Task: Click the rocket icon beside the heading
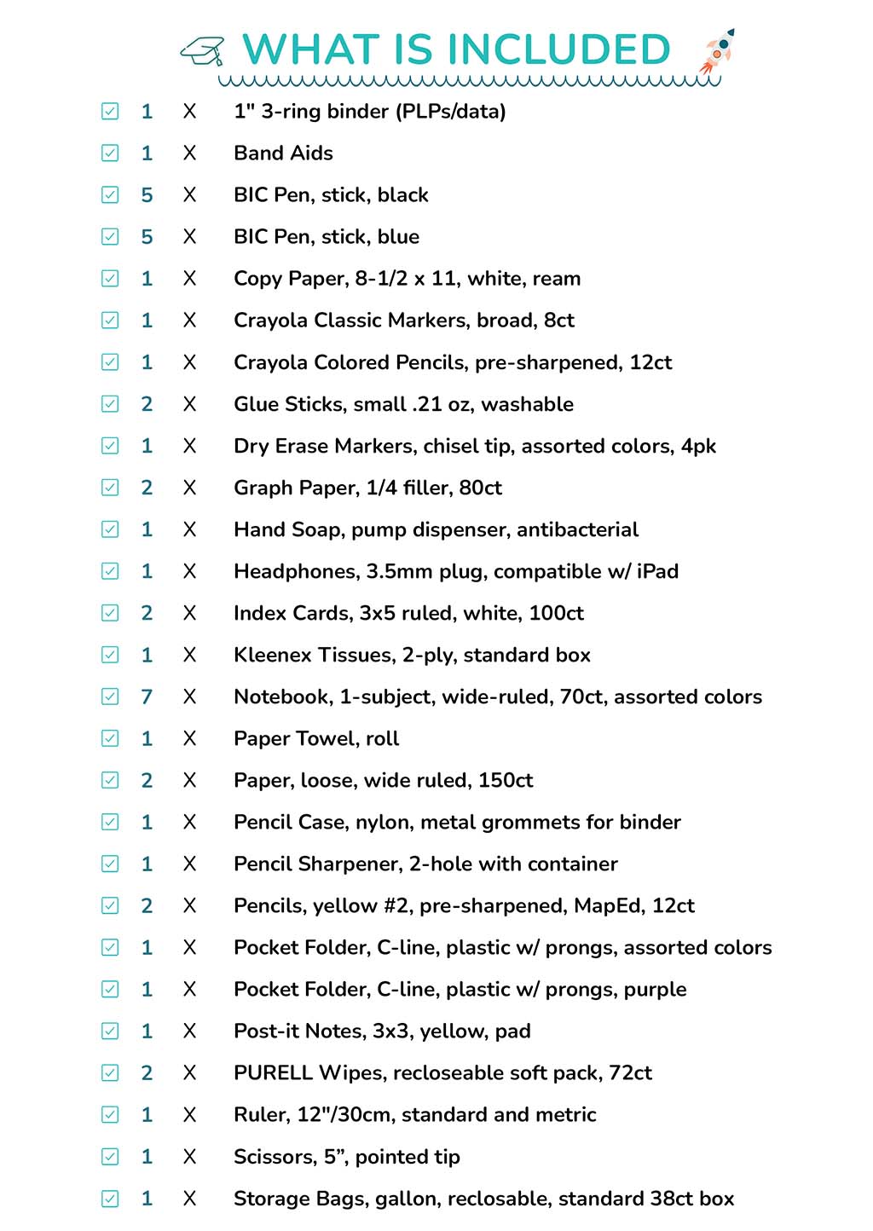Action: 717,51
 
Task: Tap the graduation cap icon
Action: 203,51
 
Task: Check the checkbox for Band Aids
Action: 110,153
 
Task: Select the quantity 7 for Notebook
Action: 147,697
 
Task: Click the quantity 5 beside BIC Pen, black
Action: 147,195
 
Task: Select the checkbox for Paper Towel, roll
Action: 110,738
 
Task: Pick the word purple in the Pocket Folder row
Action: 655,990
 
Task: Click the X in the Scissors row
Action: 189,1157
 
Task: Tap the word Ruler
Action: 261,1115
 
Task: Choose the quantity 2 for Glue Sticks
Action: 147,404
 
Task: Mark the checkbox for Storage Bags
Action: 110,1199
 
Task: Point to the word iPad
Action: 657,572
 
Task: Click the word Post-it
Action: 267,1032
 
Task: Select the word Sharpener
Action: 349,864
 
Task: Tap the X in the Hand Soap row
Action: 189,530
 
